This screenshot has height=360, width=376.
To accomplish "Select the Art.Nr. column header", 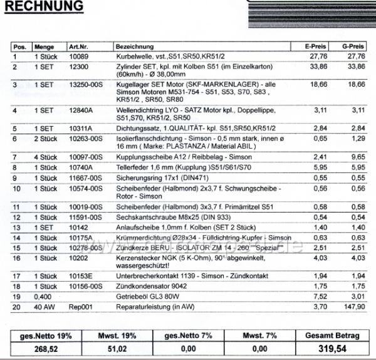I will [80, 47].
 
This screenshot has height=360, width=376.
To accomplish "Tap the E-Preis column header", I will [315, 47].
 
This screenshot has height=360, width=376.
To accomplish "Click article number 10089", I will [78, 56].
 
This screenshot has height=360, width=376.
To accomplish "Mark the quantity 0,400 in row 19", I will [42, 297].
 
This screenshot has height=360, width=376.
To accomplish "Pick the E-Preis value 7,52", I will [321, 297].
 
